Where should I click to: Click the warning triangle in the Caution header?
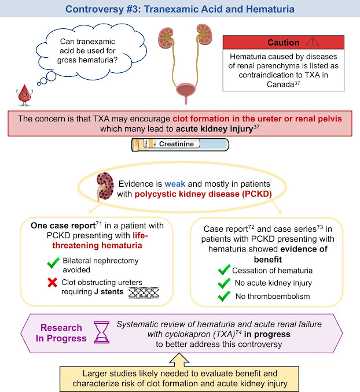point(313,42)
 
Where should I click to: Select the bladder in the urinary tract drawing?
point(186,91)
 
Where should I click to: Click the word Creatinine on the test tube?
point(177,144)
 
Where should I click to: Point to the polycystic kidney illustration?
point(105,186)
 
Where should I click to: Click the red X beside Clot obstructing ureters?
point(52,283)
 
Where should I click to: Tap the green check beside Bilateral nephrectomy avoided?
point(53,262)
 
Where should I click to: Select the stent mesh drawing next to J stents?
point(144,293)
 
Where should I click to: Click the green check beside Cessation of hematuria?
point(224,270)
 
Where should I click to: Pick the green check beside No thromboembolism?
point(224,296)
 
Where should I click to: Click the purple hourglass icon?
point(101,332)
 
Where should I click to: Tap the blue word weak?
point(175,184)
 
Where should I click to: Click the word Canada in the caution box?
point(280,84)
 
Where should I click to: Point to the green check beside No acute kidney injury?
point(224,283)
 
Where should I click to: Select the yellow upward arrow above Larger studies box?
point(179,360)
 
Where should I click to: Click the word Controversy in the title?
point(95,9)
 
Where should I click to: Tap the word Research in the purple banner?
point(61,327)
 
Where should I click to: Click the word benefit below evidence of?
point(267,260)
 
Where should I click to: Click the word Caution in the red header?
point(283,43)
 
